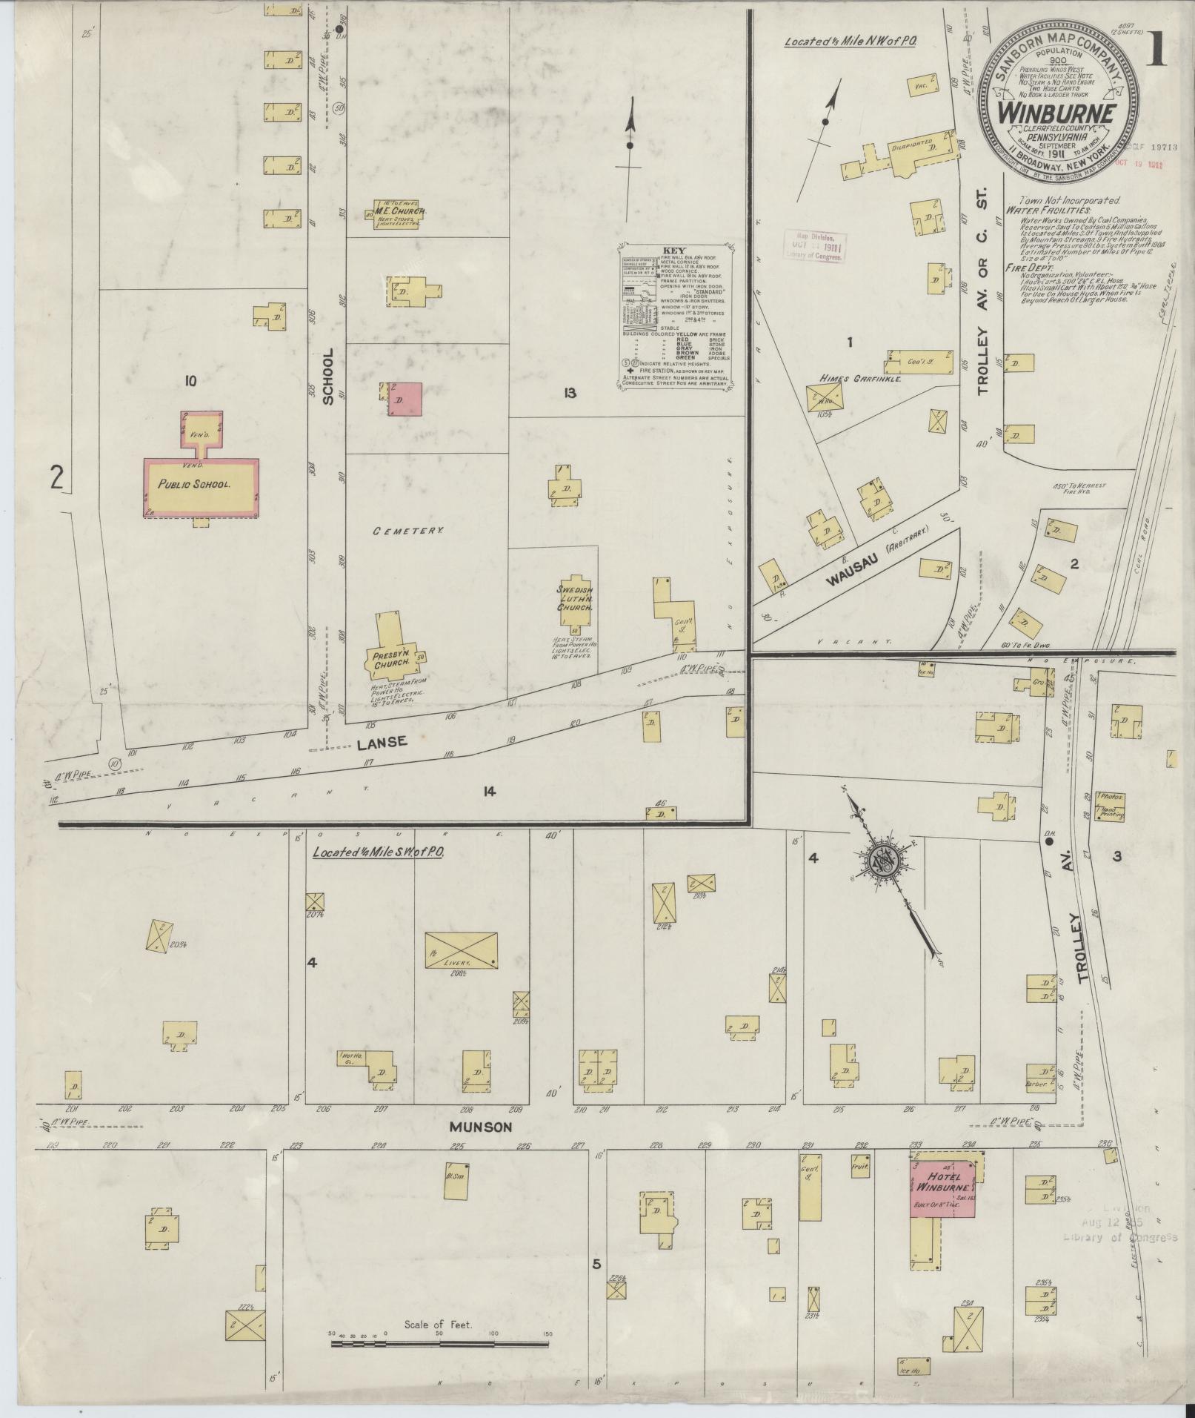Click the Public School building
point(201,486)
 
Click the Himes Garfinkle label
point(859,378)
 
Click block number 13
point(569,393)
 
